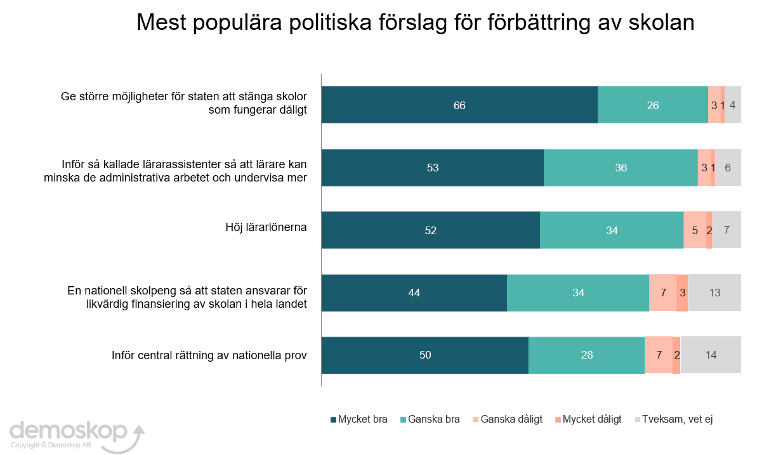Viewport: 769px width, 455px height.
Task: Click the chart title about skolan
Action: (416, 23)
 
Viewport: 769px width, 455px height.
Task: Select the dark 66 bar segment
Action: (459, 105)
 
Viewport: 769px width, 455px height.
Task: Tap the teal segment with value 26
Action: (653, 105)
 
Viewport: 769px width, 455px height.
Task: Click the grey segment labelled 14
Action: (711, 355)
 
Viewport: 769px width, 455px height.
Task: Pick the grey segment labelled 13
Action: (714, 293)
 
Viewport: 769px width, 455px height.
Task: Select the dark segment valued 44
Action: (414, 293)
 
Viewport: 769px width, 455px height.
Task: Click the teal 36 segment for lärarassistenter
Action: (621, 168)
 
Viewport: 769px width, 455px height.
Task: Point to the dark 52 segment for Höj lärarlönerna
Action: (431, 230)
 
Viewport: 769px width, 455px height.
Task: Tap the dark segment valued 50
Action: (425, 355)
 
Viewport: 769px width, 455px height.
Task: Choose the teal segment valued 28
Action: (587, 355)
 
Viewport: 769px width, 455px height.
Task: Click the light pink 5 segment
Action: (695, 230)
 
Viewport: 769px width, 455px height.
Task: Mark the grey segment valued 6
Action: (728, 168)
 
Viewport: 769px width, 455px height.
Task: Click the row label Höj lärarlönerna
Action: (266, 227)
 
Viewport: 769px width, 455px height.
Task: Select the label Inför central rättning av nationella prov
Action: (209, 355)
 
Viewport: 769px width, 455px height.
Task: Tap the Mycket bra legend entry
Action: (359, 419)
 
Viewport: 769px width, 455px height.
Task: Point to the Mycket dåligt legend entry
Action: (587, 419)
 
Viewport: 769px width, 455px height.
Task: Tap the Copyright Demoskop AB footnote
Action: (51, 445)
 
